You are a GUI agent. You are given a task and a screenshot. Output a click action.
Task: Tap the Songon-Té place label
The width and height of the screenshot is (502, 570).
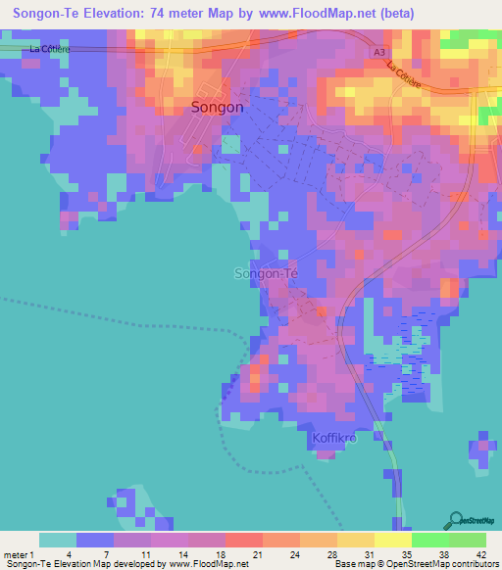tap(266, 273)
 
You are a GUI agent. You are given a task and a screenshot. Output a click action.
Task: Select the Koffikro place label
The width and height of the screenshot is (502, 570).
tap(336, 438)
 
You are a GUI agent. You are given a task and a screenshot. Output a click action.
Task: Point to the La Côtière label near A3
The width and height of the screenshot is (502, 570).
tap(404, 76)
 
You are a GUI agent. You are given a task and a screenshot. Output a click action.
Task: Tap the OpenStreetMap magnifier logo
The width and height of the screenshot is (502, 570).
tap(454, 520)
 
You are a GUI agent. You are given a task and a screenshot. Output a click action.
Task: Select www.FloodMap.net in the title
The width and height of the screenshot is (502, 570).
tap(316, 14)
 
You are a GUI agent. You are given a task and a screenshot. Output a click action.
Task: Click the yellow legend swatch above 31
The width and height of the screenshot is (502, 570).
tap(355, 540)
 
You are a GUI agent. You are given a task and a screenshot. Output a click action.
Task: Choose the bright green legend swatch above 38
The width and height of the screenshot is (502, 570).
tap(429, 540)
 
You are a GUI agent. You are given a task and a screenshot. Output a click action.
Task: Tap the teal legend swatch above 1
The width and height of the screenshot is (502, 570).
tap(58, 540)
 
